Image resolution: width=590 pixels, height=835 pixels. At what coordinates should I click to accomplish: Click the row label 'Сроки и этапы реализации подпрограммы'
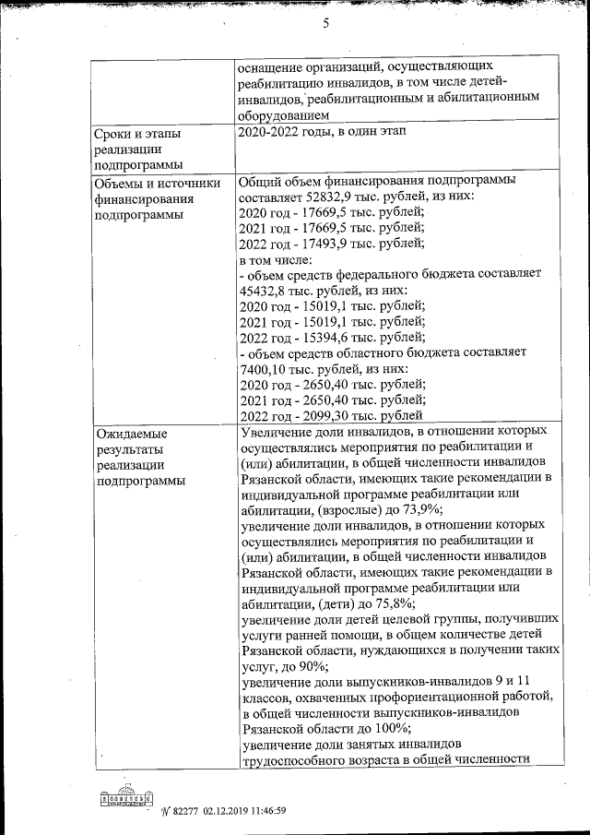click(137, 149)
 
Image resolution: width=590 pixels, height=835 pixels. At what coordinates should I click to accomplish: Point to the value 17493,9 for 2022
click(332, 244)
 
